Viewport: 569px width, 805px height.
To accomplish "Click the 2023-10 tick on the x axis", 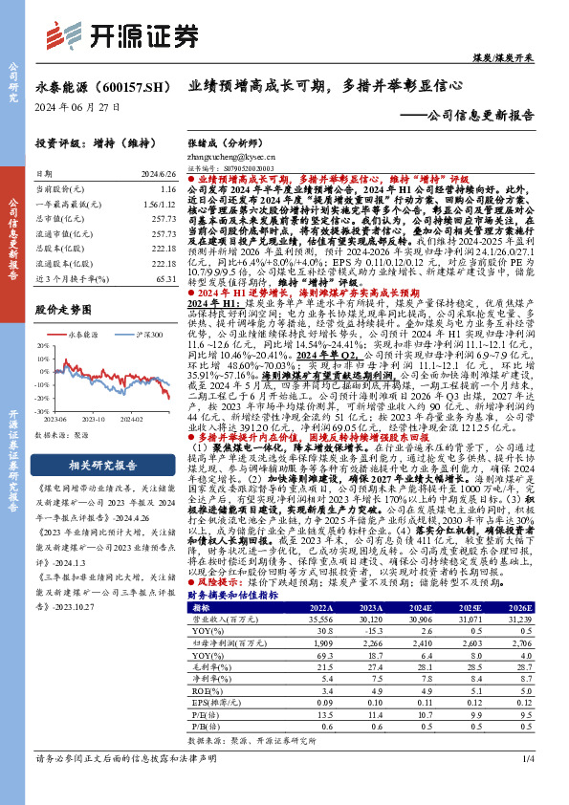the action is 96,418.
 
